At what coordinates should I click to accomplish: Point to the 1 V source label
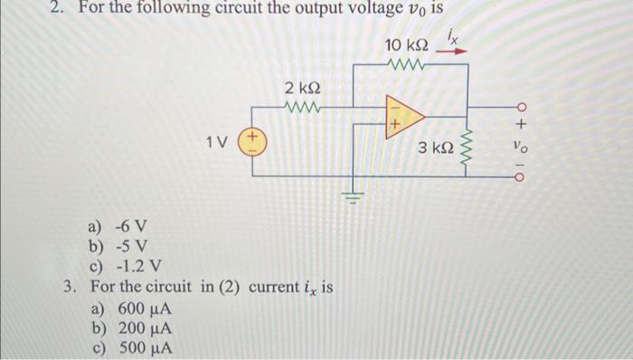pyautogui.click(x=216, y=142)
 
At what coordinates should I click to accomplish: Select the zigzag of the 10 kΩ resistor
pyautogui.click(x=404, y=65)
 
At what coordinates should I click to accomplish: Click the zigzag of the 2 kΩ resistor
pyautogui.click(x=301, y=108)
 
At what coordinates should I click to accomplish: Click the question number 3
pyautogui.click(x=69, y=288)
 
